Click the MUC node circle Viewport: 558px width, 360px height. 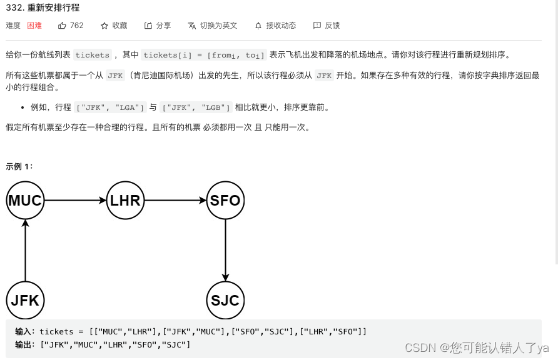click(x=25, y=201)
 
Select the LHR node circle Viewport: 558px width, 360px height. click(x=125, y=201)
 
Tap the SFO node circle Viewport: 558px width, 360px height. click(x=225, y=201)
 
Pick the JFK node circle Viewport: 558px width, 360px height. click(x=25, y=301)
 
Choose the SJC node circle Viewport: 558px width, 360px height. click(x=225, y=301)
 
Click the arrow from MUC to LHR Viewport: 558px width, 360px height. click(x=75, y=201)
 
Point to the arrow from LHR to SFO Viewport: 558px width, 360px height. click(x=175, y=201)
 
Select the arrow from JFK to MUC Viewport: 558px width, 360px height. click(x=25, y=251)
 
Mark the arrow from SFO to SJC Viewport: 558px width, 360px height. click(x=225, y=251)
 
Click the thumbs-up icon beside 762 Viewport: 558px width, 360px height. click(x=62, y=26)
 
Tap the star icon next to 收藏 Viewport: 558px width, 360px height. click(x=104, y=26)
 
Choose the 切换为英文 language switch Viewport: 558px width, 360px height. click(x=213, y=26)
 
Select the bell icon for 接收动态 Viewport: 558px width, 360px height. click(x=258, y=26)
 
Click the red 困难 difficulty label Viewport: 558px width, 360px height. click(x=34, y=26)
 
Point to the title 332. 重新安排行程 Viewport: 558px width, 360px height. click(x=43, y=8)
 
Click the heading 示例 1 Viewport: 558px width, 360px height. click(x=19, y=166)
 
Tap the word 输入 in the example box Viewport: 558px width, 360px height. click(x=23, y=331)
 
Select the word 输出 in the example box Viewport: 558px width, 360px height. click(x=23, y=344)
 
